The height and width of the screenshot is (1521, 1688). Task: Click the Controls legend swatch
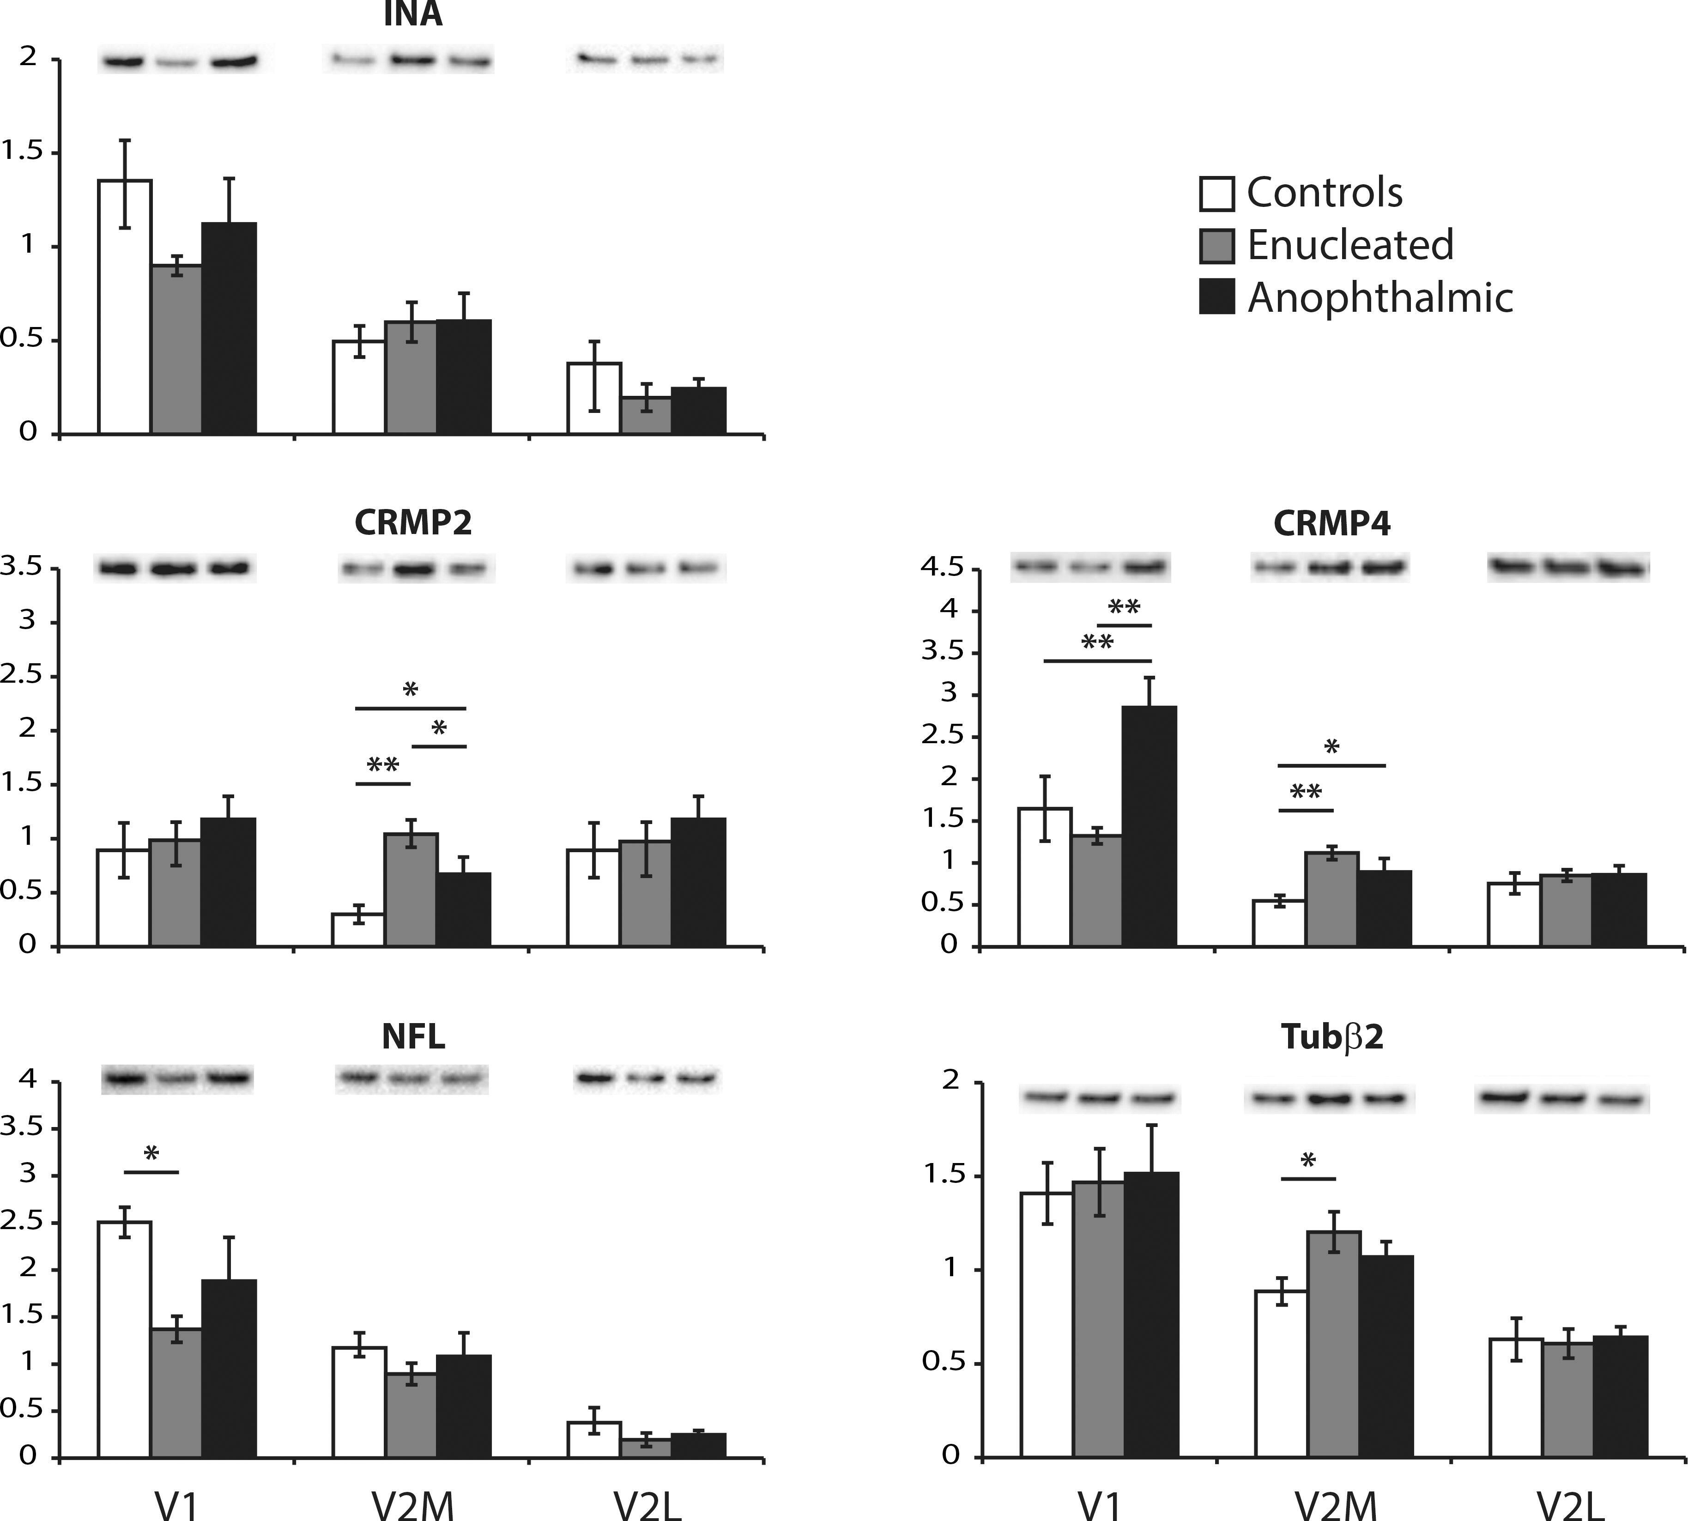pyautogui.click(x=1216, y=193)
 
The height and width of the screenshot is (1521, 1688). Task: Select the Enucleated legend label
pyautogui.click(x=1349, y=245)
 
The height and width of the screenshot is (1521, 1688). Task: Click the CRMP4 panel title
pyautogui.click(x=1331, y=523)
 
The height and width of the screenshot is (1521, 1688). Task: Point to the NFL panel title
pyautogui.click(x=413, y=1036)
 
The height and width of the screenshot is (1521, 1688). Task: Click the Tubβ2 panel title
pyautogui.click(x=1331, y=1036)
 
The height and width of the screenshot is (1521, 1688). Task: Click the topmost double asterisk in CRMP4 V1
pyautogui.click(x=1124, y=607)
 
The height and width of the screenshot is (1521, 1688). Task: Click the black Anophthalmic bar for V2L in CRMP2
pyautogui.click(x=699, y=882)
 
